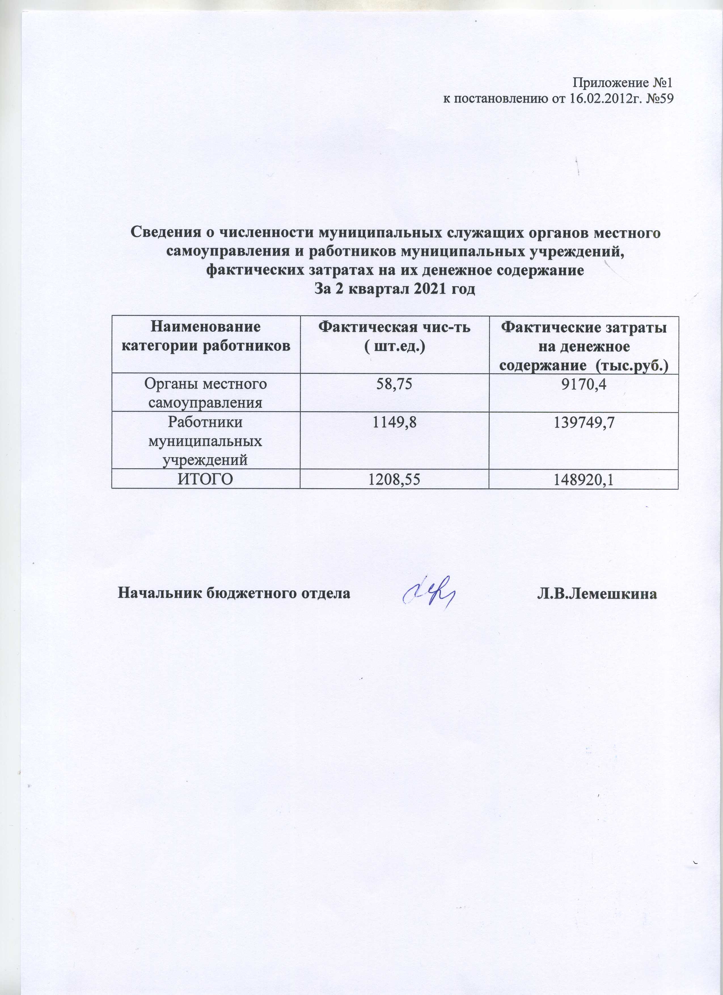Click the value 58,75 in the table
394,384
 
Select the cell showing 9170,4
584,384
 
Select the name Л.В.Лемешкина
597,594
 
